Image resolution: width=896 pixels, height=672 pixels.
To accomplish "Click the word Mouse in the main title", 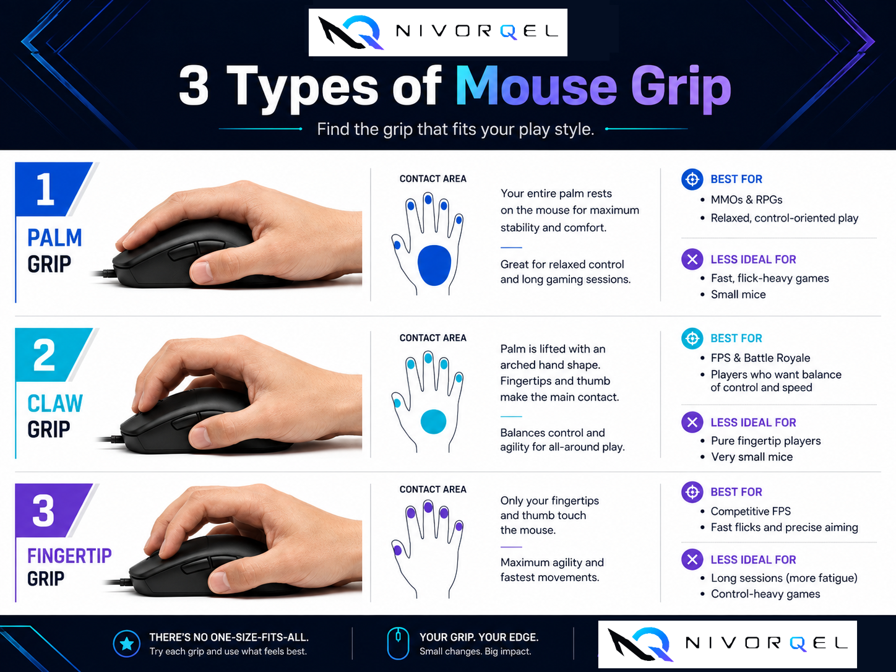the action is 536,87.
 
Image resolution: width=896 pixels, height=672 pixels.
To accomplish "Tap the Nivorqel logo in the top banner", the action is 437,32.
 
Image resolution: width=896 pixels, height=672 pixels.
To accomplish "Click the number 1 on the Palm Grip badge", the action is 45,189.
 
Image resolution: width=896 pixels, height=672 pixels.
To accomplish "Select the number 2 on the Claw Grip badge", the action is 44,355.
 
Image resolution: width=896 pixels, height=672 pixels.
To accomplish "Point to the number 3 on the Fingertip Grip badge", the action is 43,510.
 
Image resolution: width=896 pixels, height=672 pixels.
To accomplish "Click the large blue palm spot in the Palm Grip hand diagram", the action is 434,265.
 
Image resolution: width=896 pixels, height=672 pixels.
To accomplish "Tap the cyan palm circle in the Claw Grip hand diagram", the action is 433,421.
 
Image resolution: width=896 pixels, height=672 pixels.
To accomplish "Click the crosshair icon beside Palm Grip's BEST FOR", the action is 692,179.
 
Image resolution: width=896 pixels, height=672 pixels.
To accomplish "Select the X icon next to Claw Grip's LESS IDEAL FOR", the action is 692,422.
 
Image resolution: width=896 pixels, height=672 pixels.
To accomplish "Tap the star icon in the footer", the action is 127,644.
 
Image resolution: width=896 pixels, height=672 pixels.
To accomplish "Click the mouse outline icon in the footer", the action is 398,644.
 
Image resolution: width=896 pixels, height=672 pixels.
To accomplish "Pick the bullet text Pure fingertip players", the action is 766,441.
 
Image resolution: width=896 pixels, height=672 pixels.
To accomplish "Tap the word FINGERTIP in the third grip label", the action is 69,556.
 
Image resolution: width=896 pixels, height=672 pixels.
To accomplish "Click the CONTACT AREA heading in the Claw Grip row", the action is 433,338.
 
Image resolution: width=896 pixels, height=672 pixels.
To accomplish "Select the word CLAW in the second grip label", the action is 55,403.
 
